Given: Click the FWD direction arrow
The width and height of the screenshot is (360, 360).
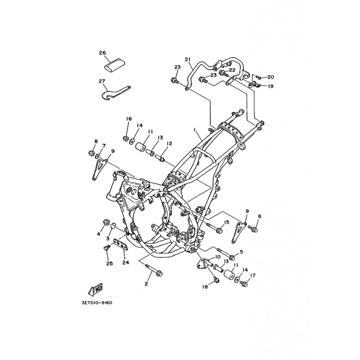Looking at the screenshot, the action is click(x=95, y=289).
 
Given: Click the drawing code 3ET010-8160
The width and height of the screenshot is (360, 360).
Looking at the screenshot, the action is click(x=97, y=303).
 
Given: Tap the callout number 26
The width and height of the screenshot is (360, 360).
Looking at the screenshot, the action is click(x=103, y=53).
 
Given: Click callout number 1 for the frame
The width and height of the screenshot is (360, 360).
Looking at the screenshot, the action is click(x=194, y=130).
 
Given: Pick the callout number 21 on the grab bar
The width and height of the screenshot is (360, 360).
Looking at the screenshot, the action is click(x=188, y=60).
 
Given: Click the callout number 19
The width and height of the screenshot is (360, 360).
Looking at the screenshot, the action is click(x=271, y=86).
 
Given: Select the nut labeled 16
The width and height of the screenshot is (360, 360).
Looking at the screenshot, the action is click(x=126, y=138).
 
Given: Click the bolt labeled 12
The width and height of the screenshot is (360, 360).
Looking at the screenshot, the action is click(x=159, y=158).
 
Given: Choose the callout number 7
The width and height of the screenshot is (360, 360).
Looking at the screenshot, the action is click(x=104, y=146).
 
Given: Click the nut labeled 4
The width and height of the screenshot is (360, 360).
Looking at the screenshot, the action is click(x=106, y=222).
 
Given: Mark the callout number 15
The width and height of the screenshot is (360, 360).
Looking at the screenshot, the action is click(x=226, y=222).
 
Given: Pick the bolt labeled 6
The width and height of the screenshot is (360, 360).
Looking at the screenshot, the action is click(x=253, y=229).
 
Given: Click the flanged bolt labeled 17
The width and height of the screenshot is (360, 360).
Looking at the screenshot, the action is click(x=243, y=283).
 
